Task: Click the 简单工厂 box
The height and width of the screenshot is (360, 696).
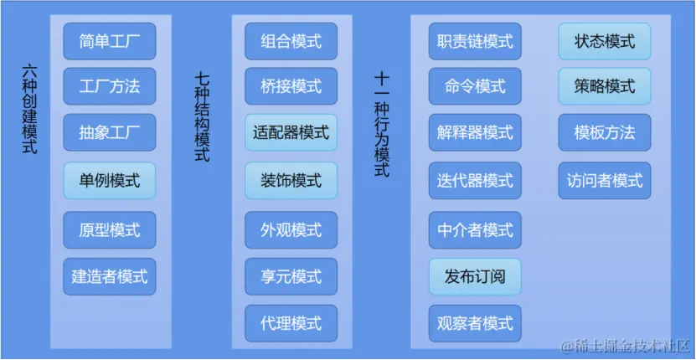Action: tap(110, 40)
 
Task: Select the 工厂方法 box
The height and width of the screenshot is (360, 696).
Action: tap(110, 86)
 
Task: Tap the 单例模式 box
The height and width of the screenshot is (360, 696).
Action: tap(110, 180)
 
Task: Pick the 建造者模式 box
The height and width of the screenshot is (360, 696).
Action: tap(110, 275)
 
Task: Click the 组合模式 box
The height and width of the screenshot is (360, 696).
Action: tap(291, 40)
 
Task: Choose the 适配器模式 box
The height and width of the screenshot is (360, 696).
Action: tap(291, 132)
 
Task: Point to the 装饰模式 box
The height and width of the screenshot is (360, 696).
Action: tap(291, 180)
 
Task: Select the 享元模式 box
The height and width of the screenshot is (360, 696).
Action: tap(291, 275)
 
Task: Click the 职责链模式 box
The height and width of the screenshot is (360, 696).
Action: tap(475, 40)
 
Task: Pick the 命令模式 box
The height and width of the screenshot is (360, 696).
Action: tap(475, 86)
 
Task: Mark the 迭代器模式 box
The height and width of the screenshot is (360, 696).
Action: tap(475, 180)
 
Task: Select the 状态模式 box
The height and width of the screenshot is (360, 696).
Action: tap(605, 40)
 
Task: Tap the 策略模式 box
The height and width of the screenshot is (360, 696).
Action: tap(605, 86)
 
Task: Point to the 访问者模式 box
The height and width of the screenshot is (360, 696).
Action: tap(605, 180)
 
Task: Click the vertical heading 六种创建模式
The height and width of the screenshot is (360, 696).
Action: tap(31, 109)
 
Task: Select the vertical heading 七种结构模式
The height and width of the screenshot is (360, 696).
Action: tap(202, 116)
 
